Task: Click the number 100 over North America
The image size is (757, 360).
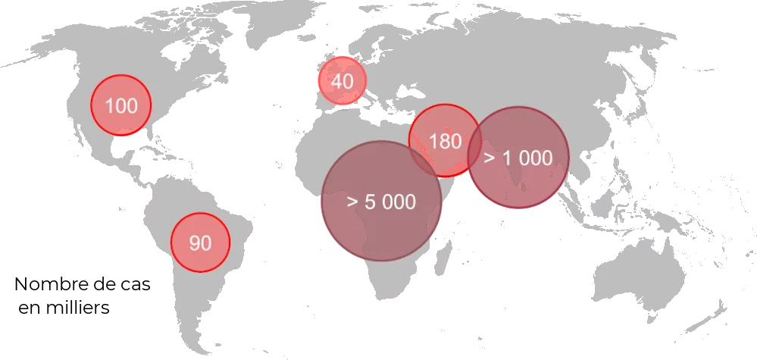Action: [121, 106]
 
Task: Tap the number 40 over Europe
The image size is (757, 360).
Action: [343, 80]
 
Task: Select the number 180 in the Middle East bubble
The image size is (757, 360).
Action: [445, 141]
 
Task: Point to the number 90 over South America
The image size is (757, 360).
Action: [200, 243]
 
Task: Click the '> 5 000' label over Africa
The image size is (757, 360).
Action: [381, 202]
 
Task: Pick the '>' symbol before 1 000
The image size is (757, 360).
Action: [490, 158]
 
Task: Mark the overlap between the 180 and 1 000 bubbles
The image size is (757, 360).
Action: [475, 147]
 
